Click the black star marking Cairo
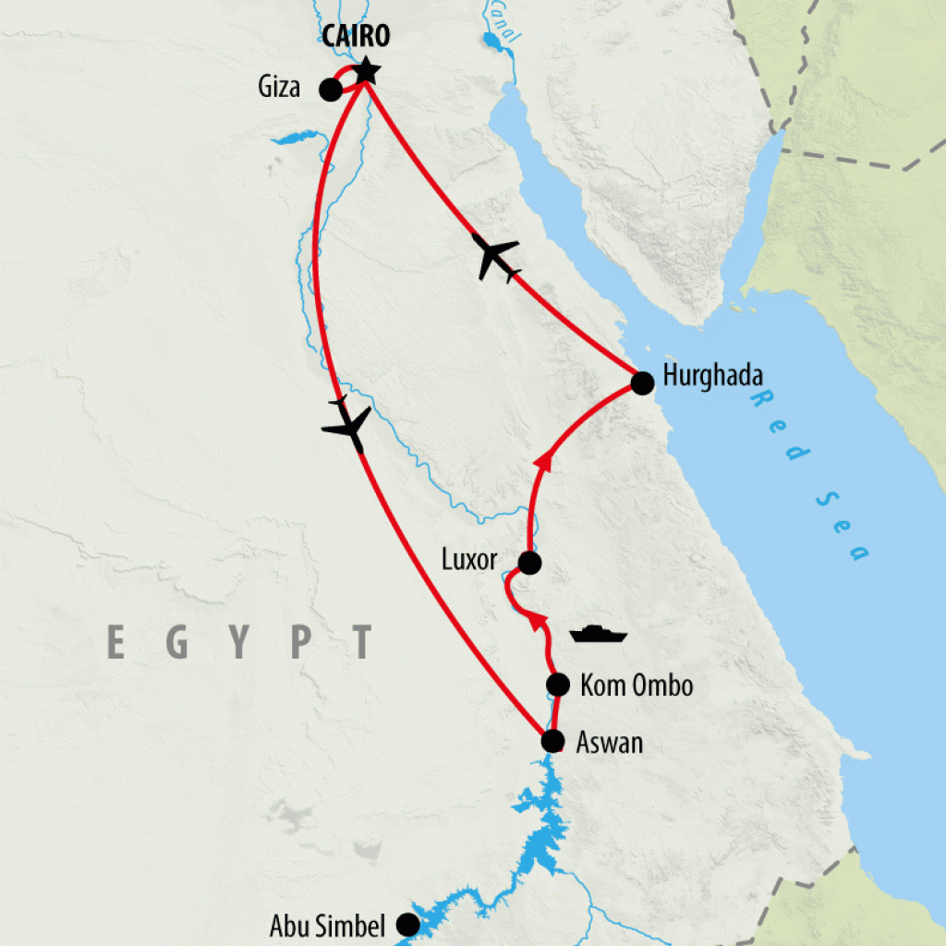click(366, 69)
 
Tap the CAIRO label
click(357, 37)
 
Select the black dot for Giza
click(330, 90)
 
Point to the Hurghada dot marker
click(642, 383)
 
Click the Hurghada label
click(712, 379)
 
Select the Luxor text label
click(469, 560)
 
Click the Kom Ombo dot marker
click(557, 685)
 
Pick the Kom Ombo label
click(637, 685)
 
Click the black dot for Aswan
click(552, 741)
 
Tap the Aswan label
click(609, 742)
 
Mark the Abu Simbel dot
click(406, 924)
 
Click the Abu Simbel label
click(326, 926)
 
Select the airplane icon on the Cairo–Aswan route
click(347, 426)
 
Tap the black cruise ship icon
click(599, 635)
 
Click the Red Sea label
click(810, 475)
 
